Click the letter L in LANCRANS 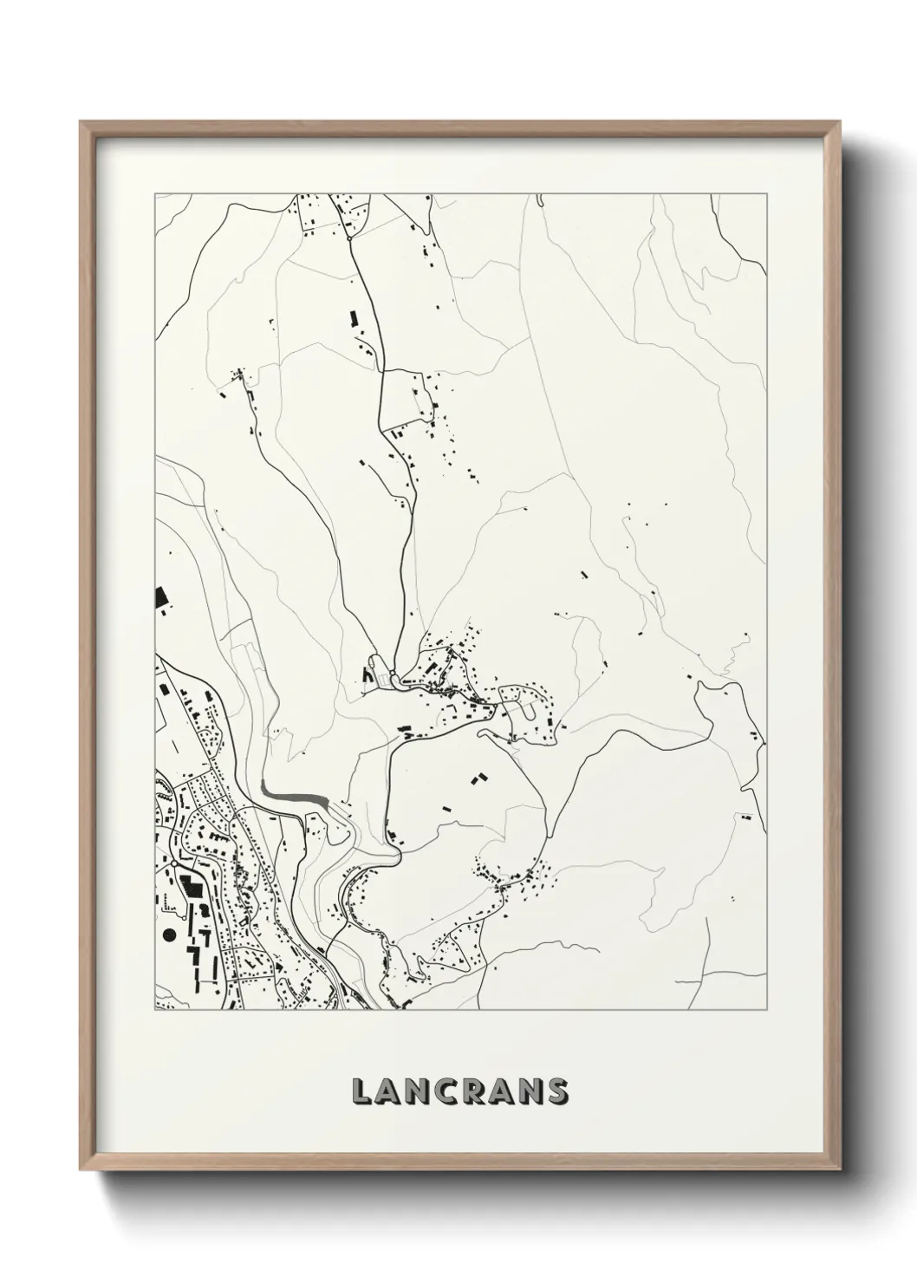[361, 1091]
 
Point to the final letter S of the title [556, 1091]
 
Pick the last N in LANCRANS [529, 1091]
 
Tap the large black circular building [167, 935]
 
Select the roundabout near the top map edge [348, 236]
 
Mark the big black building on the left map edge [159, 597]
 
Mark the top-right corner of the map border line [767, 194]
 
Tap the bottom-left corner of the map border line [155, 1010]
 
